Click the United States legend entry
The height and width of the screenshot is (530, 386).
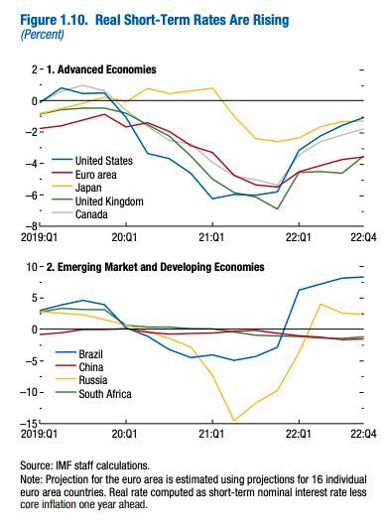coord(104,161)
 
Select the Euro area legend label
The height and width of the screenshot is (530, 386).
coord(95,175)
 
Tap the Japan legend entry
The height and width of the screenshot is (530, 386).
coord(88,188)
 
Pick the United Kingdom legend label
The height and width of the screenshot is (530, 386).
coord(109,201)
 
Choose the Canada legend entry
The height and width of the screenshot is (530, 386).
coord(91,214)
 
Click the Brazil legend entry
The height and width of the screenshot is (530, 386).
coord(90,354)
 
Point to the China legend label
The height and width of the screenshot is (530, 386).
coord(91,367)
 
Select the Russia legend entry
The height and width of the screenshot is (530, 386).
coord(93,380)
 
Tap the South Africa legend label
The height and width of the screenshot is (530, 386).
coord(105,394)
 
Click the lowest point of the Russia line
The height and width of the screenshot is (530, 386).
coord(234,421)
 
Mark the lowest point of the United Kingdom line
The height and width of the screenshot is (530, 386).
coord(277,208)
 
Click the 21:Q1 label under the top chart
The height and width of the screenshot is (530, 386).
coord(211,237)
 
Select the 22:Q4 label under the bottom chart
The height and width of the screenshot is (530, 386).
coord(363,434)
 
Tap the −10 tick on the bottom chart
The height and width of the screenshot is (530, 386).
coord(32,392)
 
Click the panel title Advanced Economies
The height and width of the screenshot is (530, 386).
coord(107,69)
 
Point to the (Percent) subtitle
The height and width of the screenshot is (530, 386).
coord(43,35)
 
